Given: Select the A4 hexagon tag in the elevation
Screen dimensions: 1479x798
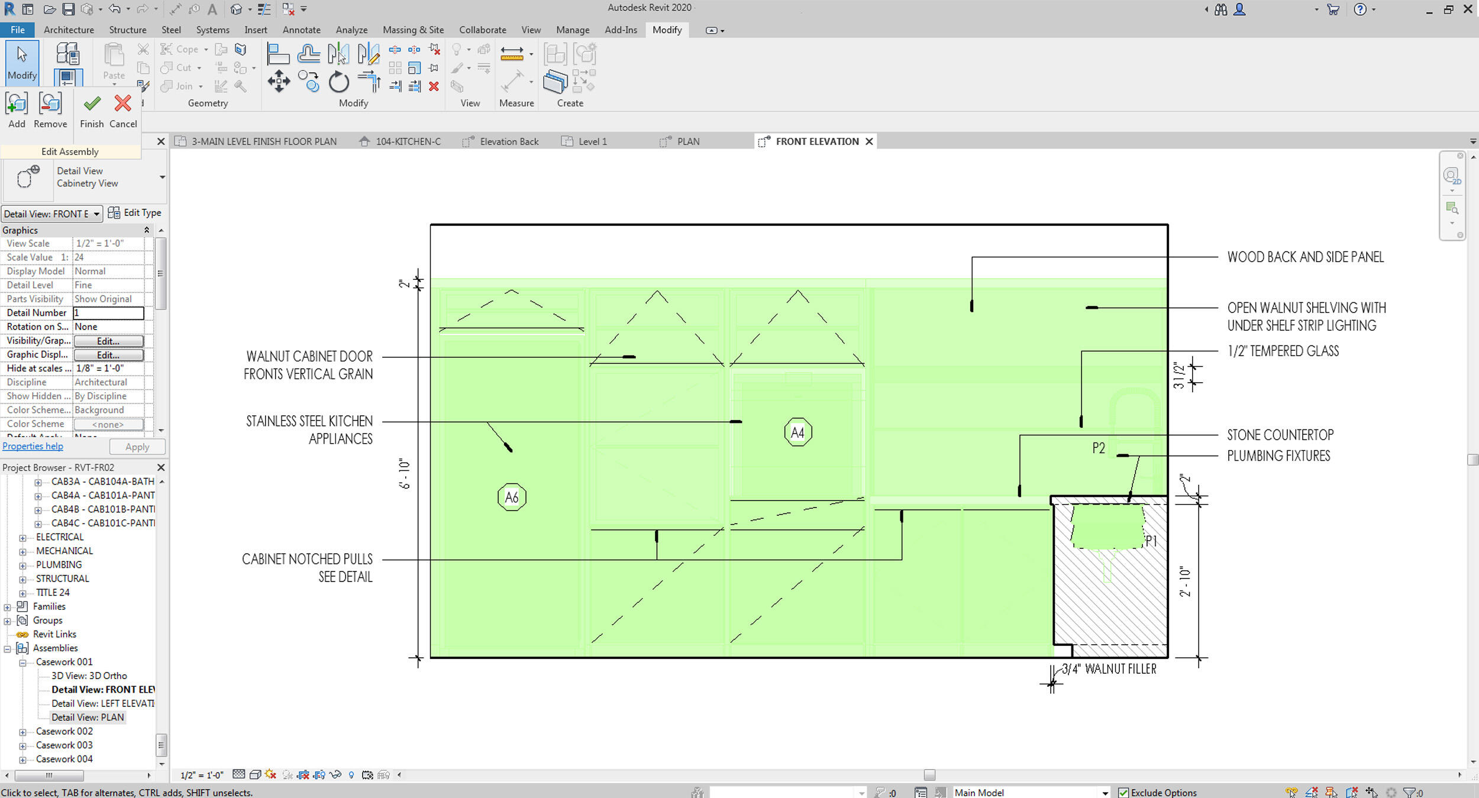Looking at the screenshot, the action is click(x=797, y=432).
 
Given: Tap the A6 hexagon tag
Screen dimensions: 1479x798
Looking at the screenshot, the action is click(x=512, y=497).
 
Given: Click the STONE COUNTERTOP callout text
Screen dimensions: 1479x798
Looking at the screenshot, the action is click(x=1280, y=435).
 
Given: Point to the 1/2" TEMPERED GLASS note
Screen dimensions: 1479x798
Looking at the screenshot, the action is click(x=1283, y=351).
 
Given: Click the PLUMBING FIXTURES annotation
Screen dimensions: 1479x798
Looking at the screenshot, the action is click(x=1278, y=456).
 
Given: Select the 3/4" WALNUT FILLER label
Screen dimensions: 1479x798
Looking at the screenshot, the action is click(x=1109, y=669).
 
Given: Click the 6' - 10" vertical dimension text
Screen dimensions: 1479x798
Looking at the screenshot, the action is click(x=405, y=473).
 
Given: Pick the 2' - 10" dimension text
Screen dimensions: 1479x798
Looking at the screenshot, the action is click(x=1184, y=581).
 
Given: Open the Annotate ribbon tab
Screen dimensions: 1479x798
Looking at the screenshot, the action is click(x=301, y=30).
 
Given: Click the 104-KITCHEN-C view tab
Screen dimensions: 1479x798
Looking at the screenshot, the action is click(x=408, y=141).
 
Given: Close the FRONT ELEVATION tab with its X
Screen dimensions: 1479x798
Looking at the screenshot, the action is click(x=869, y=141).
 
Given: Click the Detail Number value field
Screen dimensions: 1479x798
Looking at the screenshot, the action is click(x=109, y=313).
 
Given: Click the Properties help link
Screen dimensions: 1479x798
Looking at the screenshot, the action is click(x=33, y=447).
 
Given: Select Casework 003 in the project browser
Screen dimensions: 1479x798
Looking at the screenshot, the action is click(x=64, y=745).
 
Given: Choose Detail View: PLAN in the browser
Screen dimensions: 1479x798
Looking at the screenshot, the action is click(x=88, y=718).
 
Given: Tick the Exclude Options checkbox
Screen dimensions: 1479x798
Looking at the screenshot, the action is click(x=1123, y=793).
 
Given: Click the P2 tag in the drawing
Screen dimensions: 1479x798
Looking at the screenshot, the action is click(x=1099, y=448).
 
